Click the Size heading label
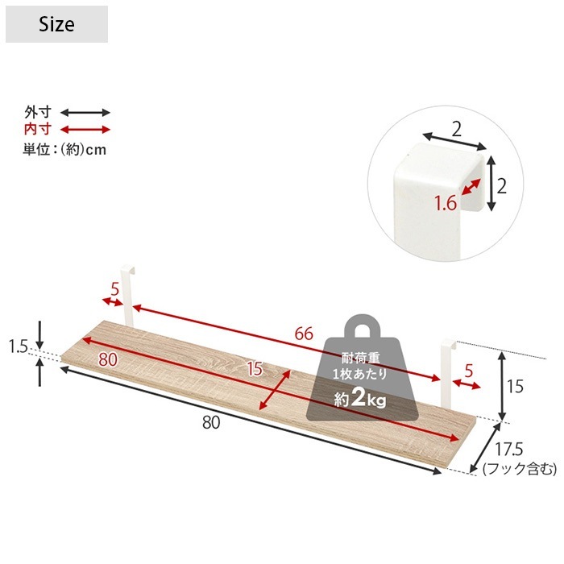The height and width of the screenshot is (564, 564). [x=56, y=24]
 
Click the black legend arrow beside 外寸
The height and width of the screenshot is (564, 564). [x=85, y=113]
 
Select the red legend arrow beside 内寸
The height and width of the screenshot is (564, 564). [x=85, y=130]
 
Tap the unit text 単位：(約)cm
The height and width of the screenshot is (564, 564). [x=64, y=149]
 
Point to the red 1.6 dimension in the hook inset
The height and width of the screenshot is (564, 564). [x=445, y=204]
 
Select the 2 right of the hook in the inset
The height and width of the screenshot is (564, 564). [x=501, y=186]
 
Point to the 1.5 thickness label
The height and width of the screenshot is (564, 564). [x=19, y=346]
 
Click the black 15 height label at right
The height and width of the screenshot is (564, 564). [x=515, y=387]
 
